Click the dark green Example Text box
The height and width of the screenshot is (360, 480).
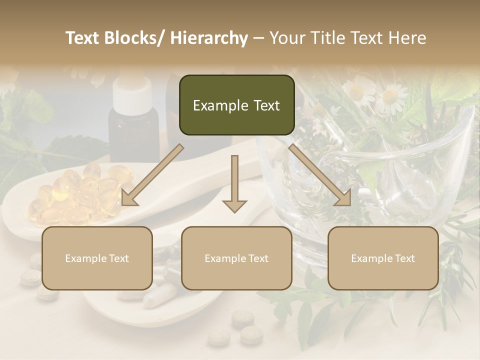pos(236,105)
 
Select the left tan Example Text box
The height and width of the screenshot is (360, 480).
pos(97,258)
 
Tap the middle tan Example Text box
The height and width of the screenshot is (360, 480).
pos(236,258)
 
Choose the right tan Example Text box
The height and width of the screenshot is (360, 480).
pos(383,258)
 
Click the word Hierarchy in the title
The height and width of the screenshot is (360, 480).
pos(209,38)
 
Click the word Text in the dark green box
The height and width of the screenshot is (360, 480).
pos(265,105)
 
